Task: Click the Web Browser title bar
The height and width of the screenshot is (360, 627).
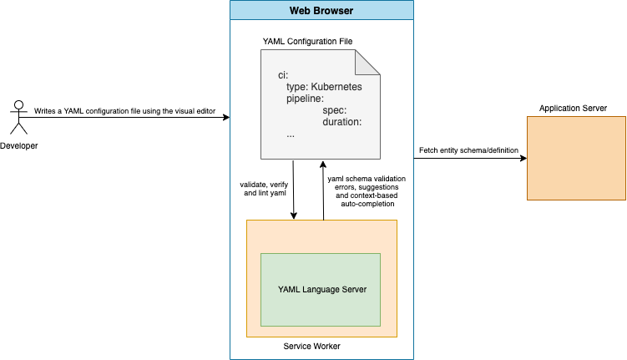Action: click(321, 11)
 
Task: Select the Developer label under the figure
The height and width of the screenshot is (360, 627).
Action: click(18, 146)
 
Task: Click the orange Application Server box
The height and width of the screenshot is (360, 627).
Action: click(575, 158)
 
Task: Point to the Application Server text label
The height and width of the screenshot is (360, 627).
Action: click(573, 109)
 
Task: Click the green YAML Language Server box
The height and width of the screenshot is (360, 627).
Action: click(321, 289)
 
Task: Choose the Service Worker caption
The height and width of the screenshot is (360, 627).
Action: click(312, 346)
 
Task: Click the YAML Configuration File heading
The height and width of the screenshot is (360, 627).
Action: click(317, 39)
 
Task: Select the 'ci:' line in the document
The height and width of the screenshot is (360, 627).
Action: click(283, 74)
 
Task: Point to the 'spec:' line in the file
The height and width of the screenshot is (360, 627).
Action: click(334, 109)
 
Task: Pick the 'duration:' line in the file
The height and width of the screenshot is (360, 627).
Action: click(341, 121)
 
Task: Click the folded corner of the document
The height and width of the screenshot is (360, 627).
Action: click(368, 63)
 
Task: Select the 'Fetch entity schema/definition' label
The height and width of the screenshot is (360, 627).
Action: click(468, 150)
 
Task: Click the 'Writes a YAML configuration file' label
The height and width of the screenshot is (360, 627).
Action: click(123, 110)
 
